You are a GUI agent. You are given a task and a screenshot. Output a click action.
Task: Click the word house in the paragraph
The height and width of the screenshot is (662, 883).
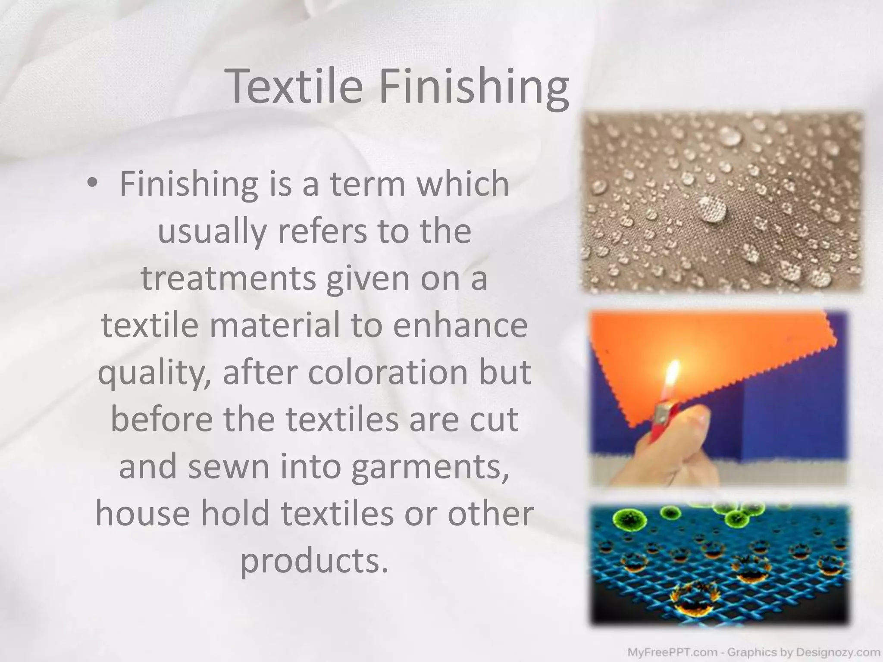tap(143, 514)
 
